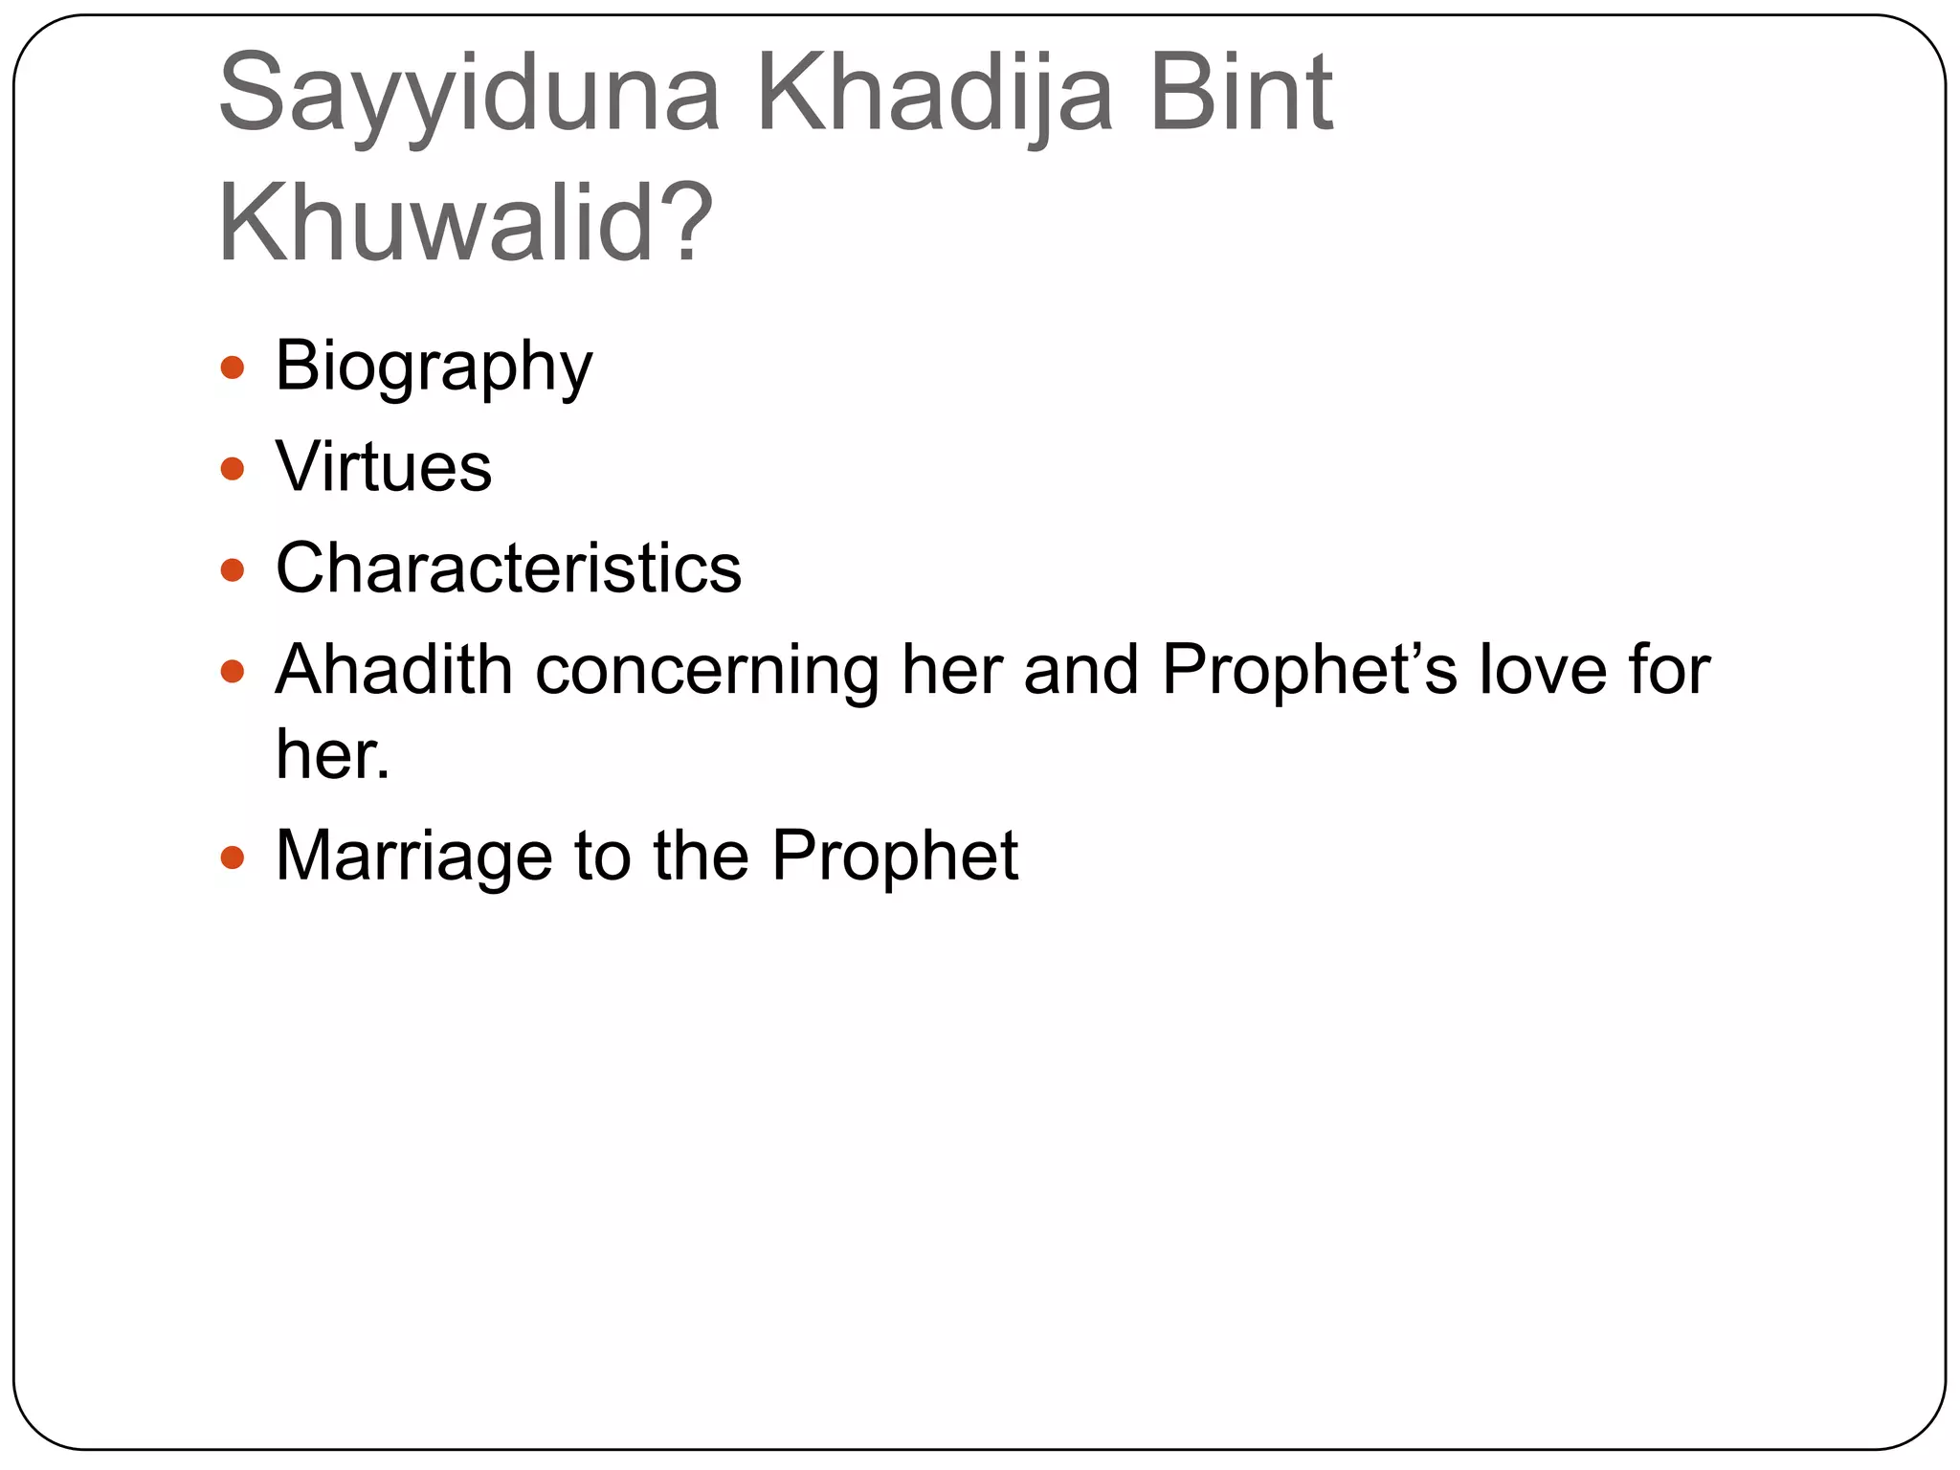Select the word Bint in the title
pyautogui.click(x=1241, y=94)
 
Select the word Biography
pyautogui.click(x=434, y=367)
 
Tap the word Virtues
pyautogui.click(x=384, y=467)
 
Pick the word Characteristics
pyautogui.click(x=508, y=568)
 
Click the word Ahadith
pyautogui.click(x=393, y=669)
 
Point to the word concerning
pyautogui.click(x=707, y=671)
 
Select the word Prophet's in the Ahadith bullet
pyautogui.click(x=1309, y=669)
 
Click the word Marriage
pyautogui.click(x=413, y=856)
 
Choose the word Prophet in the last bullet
pyautogui.click(x=895, y=856)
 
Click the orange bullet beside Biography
pyautogui.click(x=233, y=367)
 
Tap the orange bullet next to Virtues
pyautogui.click(x=233, y=469)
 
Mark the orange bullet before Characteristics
pyautogui.click(x=233, y=570)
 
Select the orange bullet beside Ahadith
pyautogui.click(x=233, y=671)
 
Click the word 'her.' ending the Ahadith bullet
pyautogui.click(x=332, y=755)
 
